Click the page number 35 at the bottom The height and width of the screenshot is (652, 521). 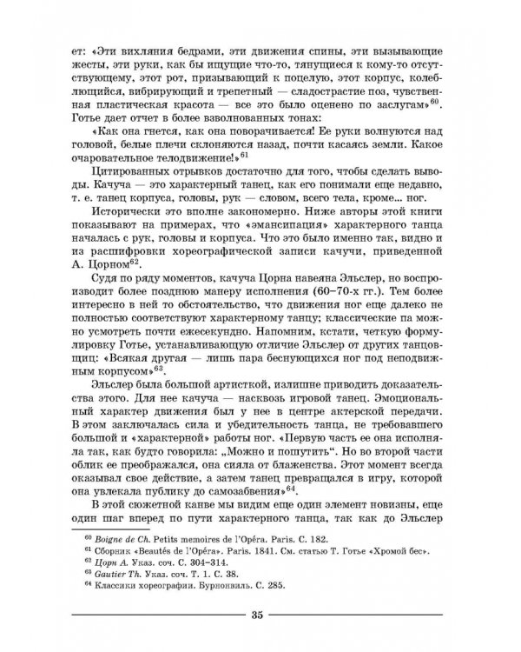[256, 616]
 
